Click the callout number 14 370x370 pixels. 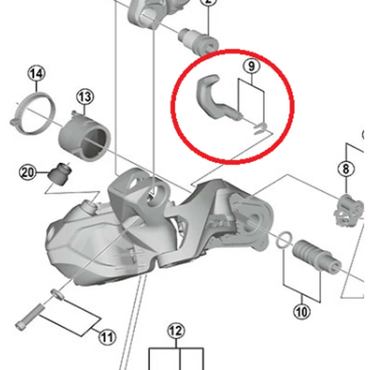point(37,73)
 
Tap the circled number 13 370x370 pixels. point(85,97)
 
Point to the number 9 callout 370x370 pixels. point(251,66)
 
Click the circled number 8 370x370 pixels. point(346,169)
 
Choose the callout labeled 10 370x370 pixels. point(302,312)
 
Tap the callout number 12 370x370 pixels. point(176,331)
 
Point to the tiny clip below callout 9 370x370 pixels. point(260,128)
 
